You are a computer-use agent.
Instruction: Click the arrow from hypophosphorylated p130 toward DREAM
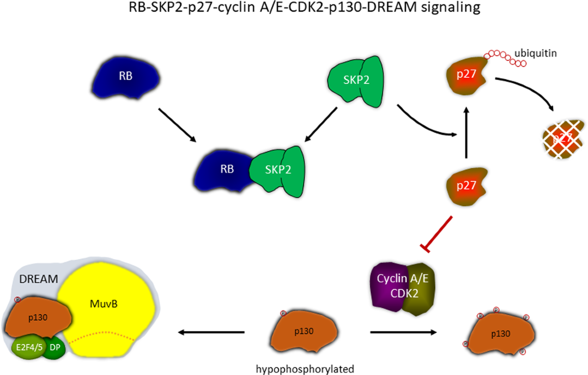211,333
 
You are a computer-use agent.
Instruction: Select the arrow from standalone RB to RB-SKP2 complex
177,124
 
